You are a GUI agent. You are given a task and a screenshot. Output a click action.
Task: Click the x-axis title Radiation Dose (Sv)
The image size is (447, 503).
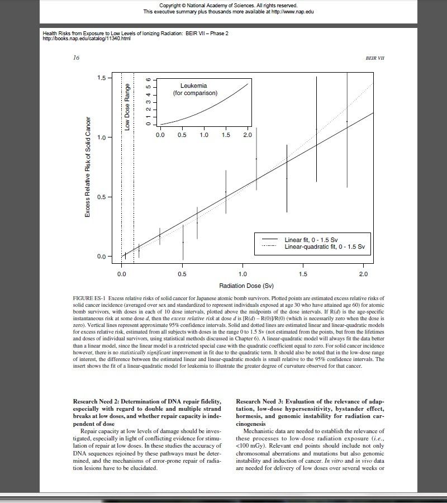click(x=242, y=286)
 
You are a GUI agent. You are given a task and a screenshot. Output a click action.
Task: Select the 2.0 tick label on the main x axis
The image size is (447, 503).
click(x=364, y=274)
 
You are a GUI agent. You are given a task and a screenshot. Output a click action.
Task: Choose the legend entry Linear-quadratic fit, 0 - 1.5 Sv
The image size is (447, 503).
click(x=324, y=246)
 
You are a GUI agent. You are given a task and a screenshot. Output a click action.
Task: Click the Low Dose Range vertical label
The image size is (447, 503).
click(x=127, y=107)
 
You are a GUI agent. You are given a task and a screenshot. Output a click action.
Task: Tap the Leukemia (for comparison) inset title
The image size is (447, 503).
click(x=195, y=89)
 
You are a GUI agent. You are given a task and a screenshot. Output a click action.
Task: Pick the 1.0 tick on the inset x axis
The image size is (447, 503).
click(x=204, y=135)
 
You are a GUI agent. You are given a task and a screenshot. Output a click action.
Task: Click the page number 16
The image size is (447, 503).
click(x=77, y=58)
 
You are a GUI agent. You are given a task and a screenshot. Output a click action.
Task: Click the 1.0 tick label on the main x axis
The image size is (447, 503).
click(x=242, y=274)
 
